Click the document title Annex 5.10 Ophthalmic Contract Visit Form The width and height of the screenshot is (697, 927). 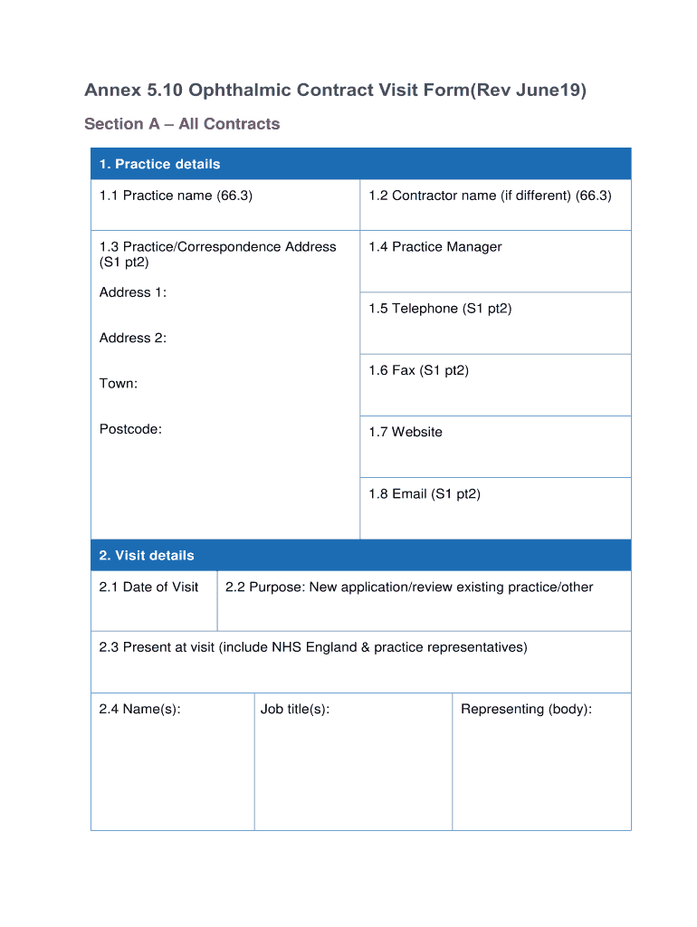[335, 91]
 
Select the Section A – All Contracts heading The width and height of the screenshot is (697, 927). [182, 124]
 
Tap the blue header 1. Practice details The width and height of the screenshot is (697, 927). [159, 164]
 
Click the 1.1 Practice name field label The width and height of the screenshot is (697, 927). [176, 196]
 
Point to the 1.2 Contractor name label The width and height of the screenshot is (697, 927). [490, 196]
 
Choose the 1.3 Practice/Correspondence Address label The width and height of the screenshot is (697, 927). [217, 253]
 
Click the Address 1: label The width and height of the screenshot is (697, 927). [133, 292]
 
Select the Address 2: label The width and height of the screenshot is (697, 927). [133, 338]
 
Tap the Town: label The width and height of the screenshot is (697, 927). [119, 384]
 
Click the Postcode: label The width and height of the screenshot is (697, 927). [130, 429]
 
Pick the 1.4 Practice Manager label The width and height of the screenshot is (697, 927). [434, 247]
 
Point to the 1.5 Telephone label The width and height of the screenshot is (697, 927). [440, 309]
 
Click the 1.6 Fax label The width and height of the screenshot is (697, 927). [418, 370]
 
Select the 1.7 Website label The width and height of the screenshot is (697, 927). [406, 433]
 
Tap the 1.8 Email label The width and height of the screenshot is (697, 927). [424, 494]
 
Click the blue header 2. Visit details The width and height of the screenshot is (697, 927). [147, 555]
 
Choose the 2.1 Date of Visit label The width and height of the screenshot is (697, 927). [148, 588]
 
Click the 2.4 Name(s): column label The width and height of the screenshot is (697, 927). [139, 710]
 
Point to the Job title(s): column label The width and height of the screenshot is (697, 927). [295, 710]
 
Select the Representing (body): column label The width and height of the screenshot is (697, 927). [526, 710]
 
